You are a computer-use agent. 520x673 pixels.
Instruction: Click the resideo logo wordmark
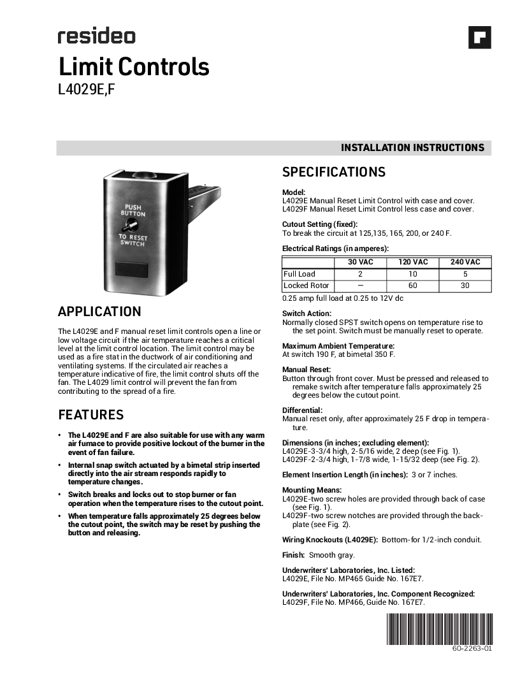pyautogui.click(x=96, y=36)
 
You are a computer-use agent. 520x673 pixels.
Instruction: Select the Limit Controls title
pyautogui.click(x=134, y=67)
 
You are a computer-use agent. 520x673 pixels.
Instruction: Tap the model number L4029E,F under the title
pyautogui.click(x=86, y=90)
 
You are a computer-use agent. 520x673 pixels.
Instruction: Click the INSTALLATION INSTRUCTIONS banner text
pyautogui.click(x=412, y=148)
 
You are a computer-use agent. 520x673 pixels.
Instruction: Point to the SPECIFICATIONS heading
pyautogui.click(x=334, y=172)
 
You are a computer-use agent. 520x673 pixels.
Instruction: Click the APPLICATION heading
pyautogui.click(x=99, y=312)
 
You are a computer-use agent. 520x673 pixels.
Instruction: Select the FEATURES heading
pyautogui.click(x=91, y=415)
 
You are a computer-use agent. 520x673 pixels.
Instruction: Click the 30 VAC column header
pyautogui.click(x=360, y=262)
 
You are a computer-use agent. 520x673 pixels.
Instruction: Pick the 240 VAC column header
pyautogui.click(x=465, y=262)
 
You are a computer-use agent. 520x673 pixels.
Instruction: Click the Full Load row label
pyautogui.click(x=300, y=274)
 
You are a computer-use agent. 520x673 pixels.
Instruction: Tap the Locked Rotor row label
pyautogui.click(x=306, y=286)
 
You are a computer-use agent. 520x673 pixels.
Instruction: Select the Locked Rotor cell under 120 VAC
pyautogui.click(x=413, y=286)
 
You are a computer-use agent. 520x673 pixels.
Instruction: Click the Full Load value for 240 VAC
pyautogui.click(x=465, y=274)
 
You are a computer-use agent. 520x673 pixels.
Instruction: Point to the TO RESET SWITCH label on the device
pyautogui.click(x=133, y=240)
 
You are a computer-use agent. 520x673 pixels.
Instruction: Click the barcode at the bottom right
pyautogui.click(x=439, y=629)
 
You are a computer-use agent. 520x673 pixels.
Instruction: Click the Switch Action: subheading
pyautogui.click(x=307, y=314)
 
